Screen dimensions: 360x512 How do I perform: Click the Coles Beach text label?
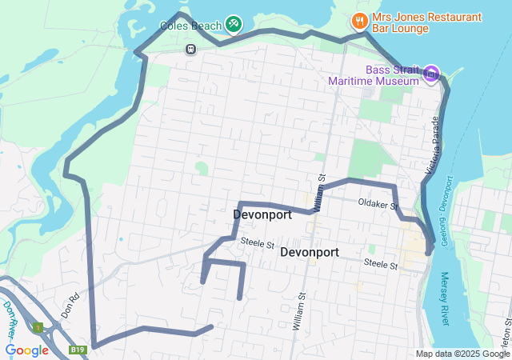(189, 24)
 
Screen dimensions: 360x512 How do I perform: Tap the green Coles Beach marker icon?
(234, 24)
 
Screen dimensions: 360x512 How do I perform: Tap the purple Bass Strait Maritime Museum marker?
(431, 74)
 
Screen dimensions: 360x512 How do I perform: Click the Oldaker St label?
(378, 205)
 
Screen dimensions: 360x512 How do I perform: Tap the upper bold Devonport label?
(262, 214)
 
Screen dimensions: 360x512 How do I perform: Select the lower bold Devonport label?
(310, 252)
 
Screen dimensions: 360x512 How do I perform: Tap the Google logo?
(26, 350)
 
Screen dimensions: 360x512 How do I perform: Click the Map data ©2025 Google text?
(461, 354)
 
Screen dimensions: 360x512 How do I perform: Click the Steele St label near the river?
(381, 263)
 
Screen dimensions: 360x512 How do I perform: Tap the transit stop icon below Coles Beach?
(191, 50)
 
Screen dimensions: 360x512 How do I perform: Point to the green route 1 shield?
(37, 327)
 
